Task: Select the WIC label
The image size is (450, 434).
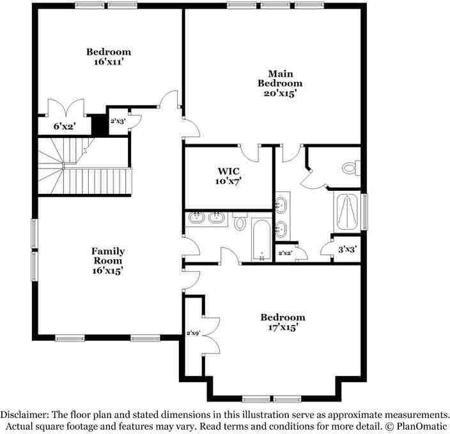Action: (228, 171)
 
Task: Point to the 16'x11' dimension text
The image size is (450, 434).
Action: (109, 63)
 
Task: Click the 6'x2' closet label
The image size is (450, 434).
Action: (64, 126)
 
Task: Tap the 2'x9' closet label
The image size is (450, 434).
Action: (193, 333)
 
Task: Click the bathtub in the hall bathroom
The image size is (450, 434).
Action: (262, 239)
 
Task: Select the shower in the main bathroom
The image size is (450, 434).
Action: (346, 211)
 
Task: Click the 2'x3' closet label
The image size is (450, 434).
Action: (118, 121)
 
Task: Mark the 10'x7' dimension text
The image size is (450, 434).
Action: (228, 181)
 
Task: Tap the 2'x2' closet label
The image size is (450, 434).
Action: (285, 253)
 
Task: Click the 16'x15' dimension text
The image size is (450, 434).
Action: (107, 271)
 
